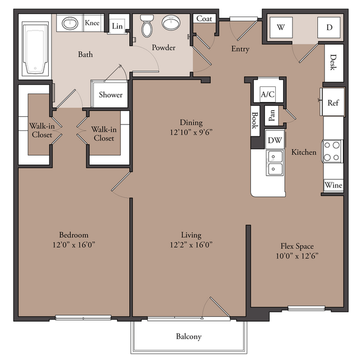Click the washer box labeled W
(x=281, y=27)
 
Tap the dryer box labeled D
(x=329, y=27)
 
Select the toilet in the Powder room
(x=147, y=26)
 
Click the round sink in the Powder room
(x=171, y=23)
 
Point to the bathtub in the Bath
(x=35, y=49)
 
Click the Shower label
(x=111, y=95)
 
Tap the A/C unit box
(x=268, y=94)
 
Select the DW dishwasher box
(x=275, y=140)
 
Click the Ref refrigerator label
(x=333, y=102)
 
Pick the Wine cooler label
(x=333, y=185)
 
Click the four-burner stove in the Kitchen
(x=332, y=151)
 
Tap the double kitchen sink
(x=274, y=163)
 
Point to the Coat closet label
(x=204, y=19)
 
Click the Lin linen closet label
(x=117, y=26)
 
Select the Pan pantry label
(x=271, y=115)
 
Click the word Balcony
(x=189, y=337)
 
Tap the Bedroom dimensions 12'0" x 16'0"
(x=74, y=245)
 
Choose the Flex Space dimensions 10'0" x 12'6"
(x=297, y=256)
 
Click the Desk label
(x=333, y=62)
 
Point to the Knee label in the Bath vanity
(x=92, y=23)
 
